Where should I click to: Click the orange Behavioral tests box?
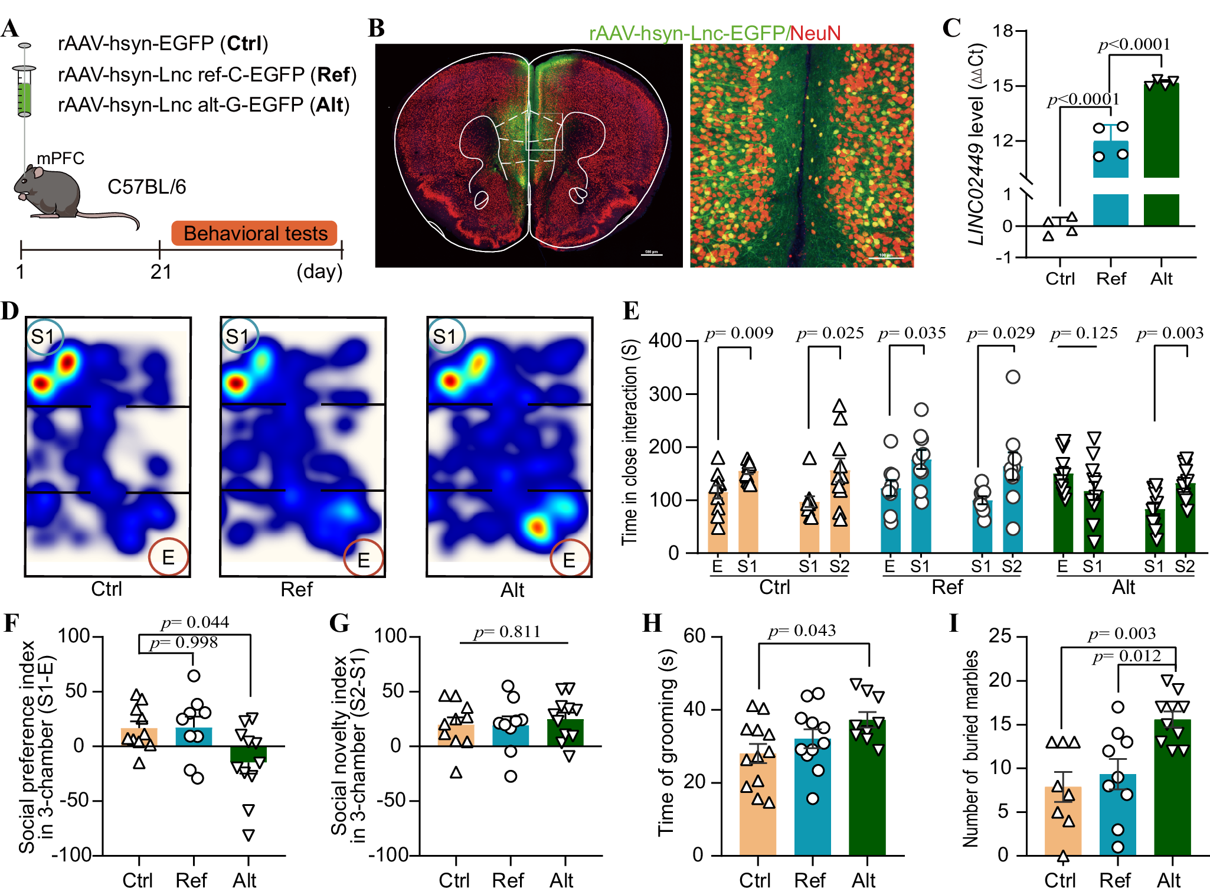tap(254, 233)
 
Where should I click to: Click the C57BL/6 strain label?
tap(146, 187)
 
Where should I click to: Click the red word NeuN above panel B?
tap(815, 33)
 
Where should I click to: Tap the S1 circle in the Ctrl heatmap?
tap(44, 337)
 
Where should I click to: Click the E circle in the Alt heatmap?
tap(570, 559)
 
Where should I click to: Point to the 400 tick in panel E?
tap(665, 341)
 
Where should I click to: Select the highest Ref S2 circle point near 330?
tap(1013, 377)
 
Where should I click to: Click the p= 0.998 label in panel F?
tap(184, 642)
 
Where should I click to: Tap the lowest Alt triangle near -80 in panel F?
tap(249, 835)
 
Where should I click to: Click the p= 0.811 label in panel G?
tap(507, 632)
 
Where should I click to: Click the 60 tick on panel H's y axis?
tap(694, 636)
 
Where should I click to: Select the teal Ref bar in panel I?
tap(1117, 815)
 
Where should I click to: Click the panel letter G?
tap(339, 623)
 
